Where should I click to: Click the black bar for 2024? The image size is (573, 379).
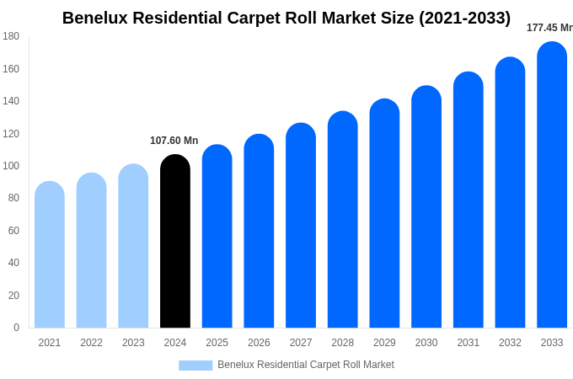click(x=175, y=244)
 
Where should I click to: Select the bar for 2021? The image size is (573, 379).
click(x=50, y=257)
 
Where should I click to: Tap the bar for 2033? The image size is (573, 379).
click(x=552, y=185)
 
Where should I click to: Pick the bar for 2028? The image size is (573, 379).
click(x=343, y=221)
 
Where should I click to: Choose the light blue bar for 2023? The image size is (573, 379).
click(x=133, y=248)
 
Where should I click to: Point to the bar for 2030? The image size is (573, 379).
click(x=426, y=208)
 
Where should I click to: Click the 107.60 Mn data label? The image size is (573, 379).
click(x=174, y=141)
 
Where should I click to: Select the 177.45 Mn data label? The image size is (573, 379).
click(x=549, y=28)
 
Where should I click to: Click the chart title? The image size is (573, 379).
click(x=286, y=18)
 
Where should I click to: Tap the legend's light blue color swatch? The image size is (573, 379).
click(x=195, y=366)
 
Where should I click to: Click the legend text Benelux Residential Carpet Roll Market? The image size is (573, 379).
click(x=306, y=365)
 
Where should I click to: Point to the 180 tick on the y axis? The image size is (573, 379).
click(x=11, y=36)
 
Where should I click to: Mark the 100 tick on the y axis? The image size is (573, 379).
click(x=11, y=166)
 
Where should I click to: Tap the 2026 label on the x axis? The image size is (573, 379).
click(x=259, y=343)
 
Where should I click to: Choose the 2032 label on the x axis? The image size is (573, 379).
click(x=510, y=343)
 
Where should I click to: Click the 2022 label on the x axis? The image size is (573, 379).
click(x=92, y=343)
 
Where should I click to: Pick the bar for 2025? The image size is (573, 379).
click(x=217, y=238)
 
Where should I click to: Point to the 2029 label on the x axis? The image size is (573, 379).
click(x=384, y=343)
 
